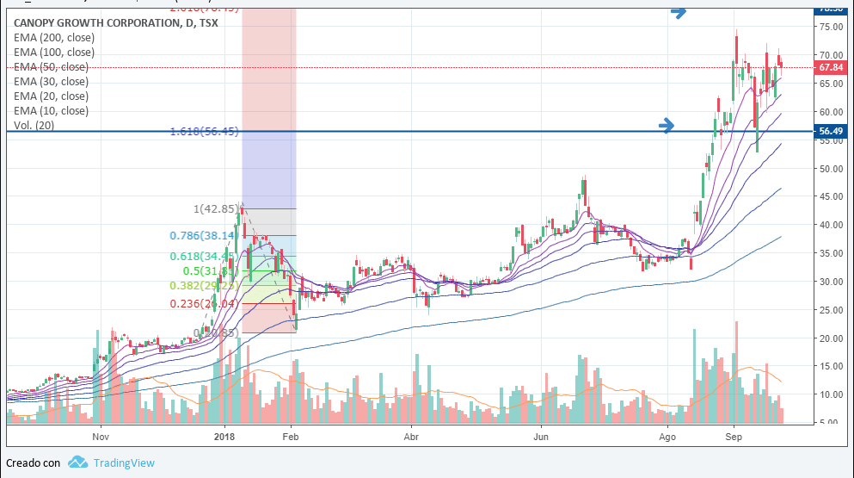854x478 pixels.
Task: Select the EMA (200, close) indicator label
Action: click(x=54, y=38)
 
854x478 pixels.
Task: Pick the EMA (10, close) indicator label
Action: click(x=51, y=111)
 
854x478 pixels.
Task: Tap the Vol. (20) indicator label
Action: click(x=35, y=126)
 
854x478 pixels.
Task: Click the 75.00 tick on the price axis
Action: click(x=829, y=28)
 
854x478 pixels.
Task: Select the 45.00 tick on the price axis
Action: click(x=829, y=197)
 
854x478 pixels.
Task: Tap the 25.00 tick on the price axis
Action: click(x=829, y=310)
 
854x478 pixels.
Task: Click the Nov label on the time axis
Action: click(x=101, y=437)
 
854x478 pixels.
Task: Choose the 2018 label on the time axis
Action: click(x=224, y=437)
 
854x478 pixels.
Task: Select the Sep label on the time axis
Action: click(x=733, y=437)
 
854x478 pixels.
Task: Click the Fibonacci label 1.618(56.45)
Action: click(x=204, y=132)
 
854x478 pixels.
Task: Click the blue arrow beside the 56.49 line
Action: click(x=667, y=126)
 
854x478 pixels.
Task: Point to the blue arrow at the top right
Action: click(x=679, y=12)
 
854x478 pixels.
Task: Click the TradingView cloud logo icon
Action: click(x=78, y=462)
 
